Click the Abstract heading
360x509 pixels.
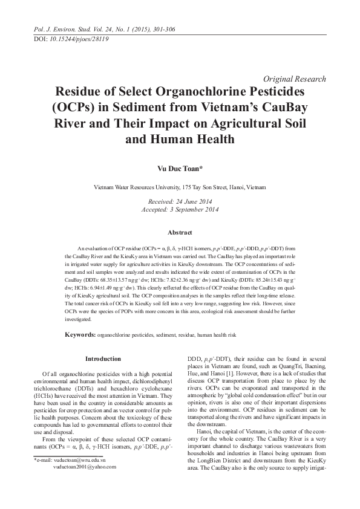click(180, 233)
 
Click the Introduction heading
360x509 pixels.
click(103, 358)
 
